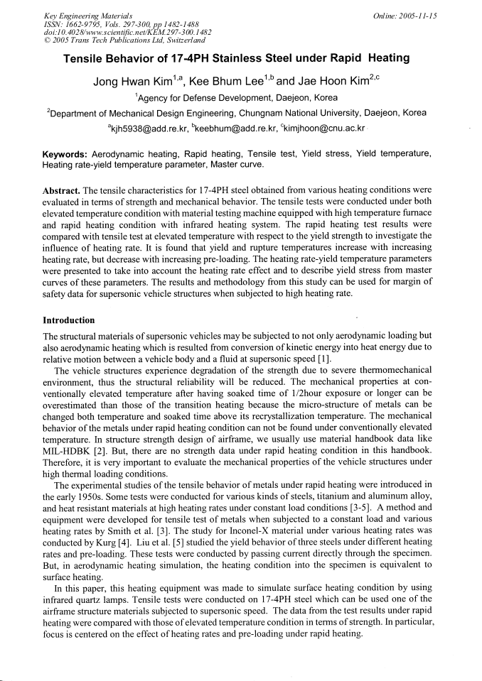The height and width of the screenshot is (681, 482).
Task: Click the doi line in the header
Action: click(x=104, y=32)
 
